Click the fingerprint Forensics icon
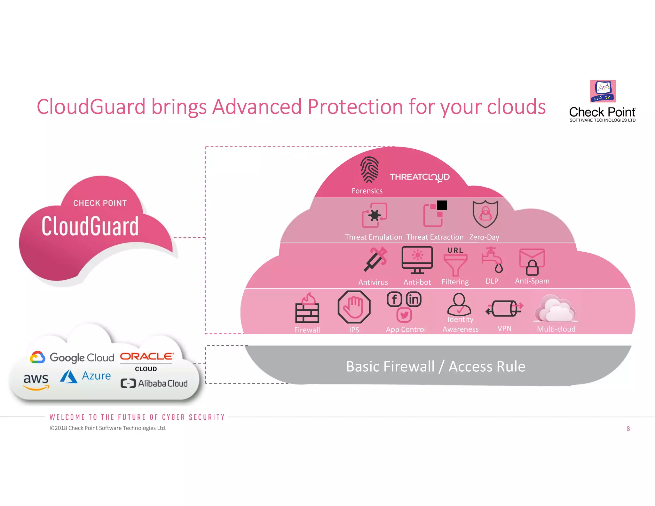369,170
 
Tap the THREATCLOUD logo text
420,177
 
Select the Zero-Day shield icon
485,214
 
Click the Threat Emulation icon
374,215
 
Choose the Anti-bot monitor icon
417,260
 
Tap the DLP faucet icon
493,259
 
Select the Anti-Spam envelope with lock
532,262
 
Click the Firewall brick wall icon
307,308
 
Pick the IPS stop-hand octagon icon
354,307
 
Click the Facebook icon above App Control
394,299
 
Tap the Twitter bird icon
404,315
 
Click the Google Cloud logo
72,357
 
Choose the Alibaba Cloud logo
154,383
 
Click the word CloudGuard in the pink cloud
90,226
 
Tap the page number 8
628,429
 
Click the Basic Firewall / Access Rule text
436,367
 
